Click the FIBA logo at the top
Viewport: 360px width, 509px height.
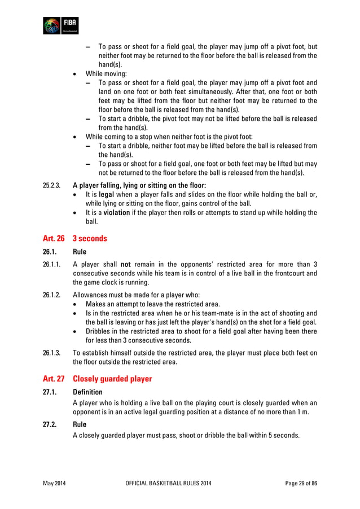pos(61,25)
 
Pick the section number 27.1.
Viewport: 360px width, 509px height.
pos(49,392)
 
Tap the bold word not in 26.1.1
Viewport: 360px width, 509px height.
pos(126,264)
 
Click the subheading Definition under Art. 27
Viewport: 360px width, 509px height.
pos(88,392)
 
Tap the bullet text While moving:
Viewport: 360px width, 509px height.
pos(106,73)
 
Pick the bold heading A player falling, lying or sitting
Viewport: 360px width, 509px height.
pos(139,185)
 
